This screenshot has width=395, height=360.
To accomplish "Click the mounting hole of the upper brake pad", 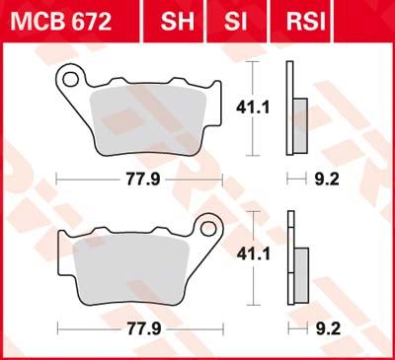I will [71, 75].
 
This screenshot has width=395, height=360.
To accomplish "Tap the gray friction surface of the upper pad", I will [148, 116].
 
